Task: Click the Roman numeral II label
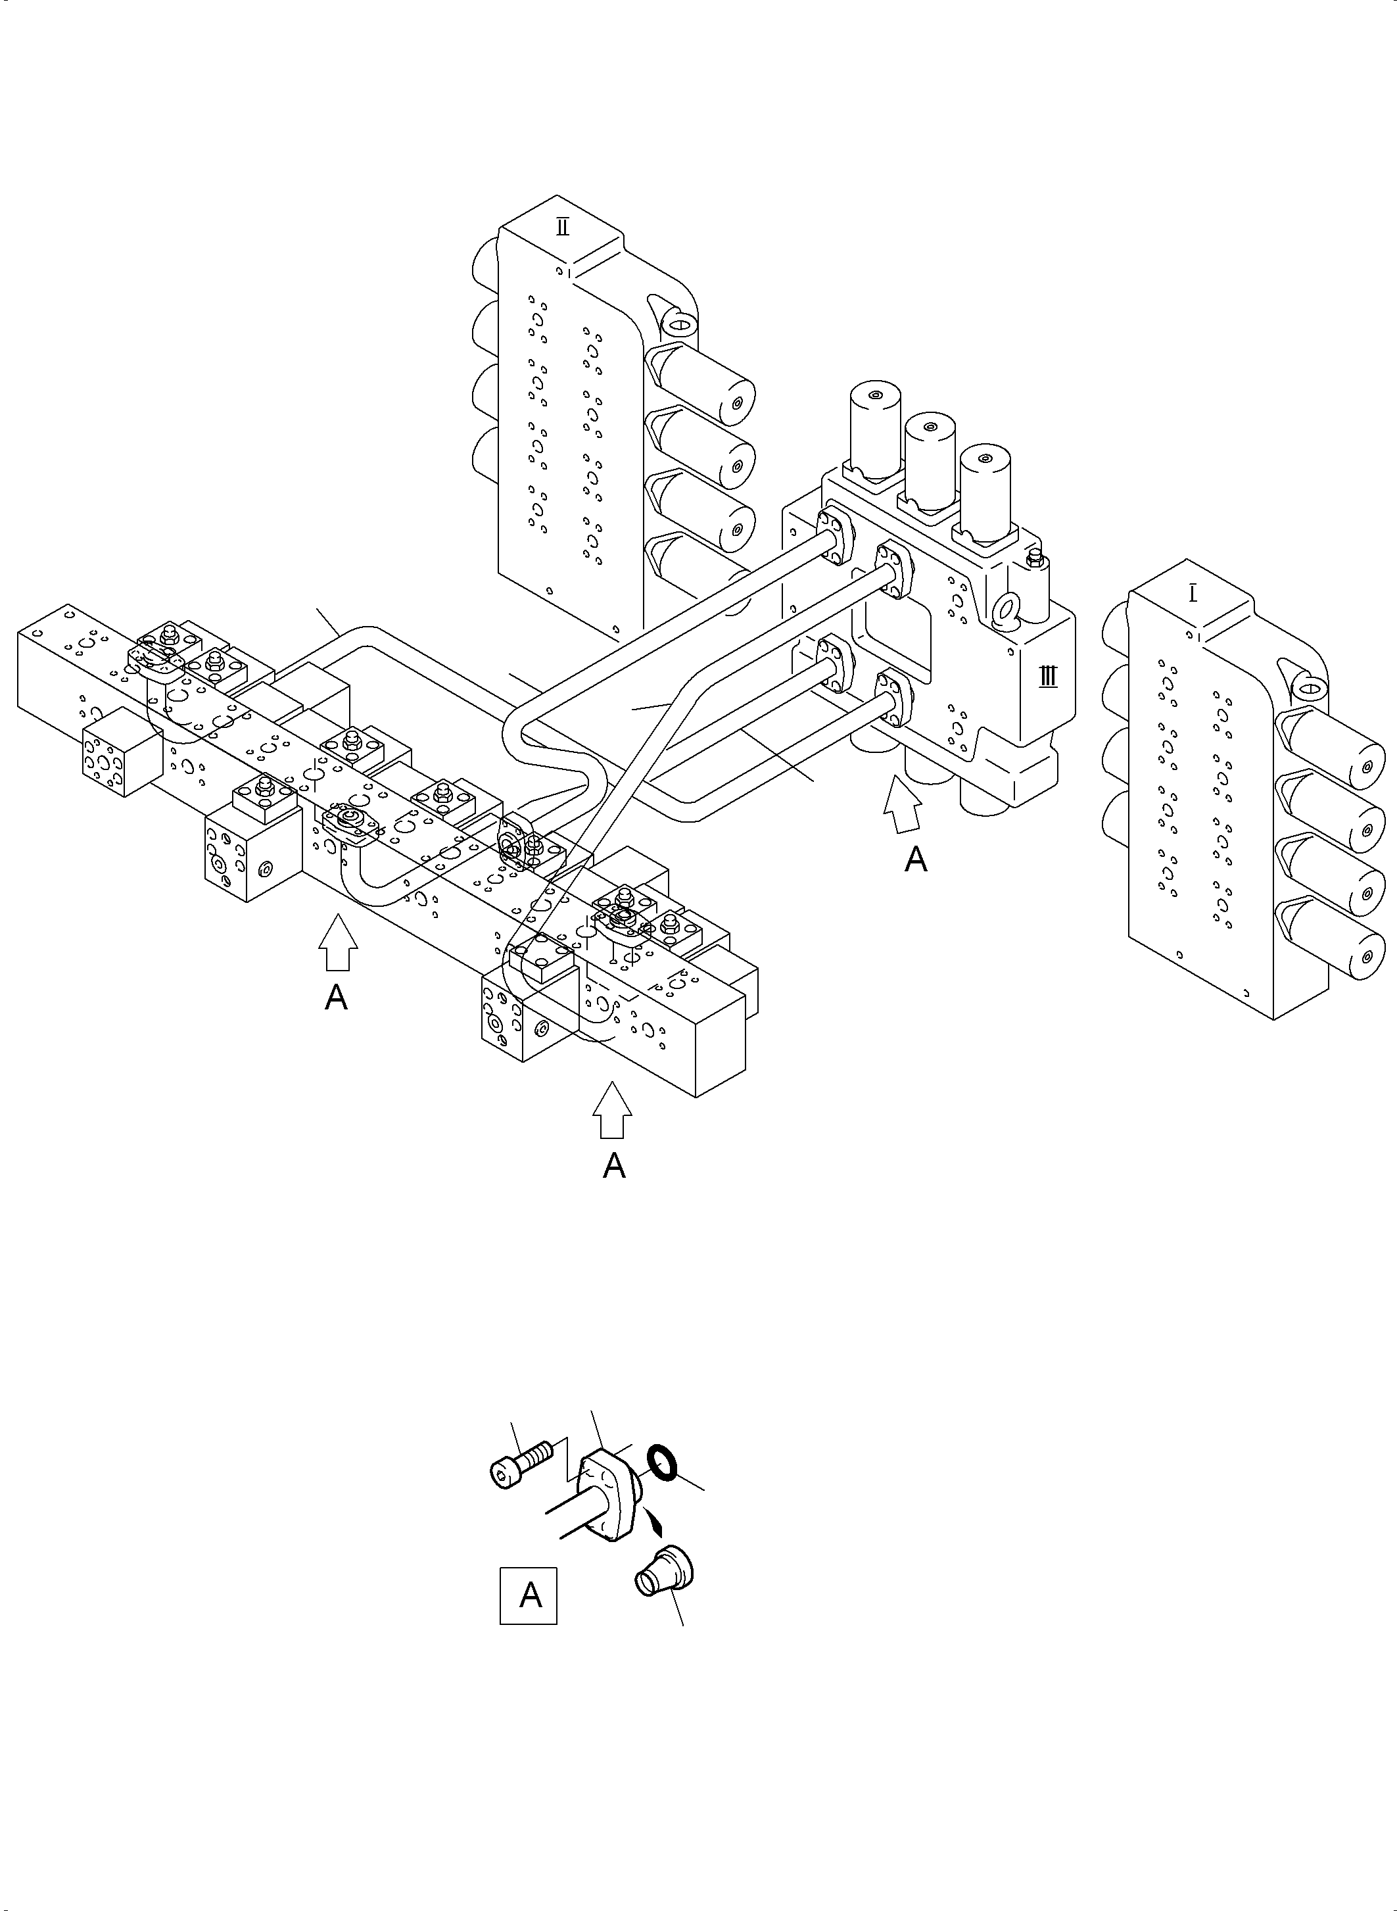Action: (562, 227)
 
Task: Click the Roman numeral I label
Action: (1193, 594)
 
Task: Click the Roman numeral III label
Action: (1048, 677)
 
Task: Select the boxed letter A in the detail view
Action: (529, 1595)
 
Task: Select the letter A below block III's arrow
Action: (916, 860)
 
